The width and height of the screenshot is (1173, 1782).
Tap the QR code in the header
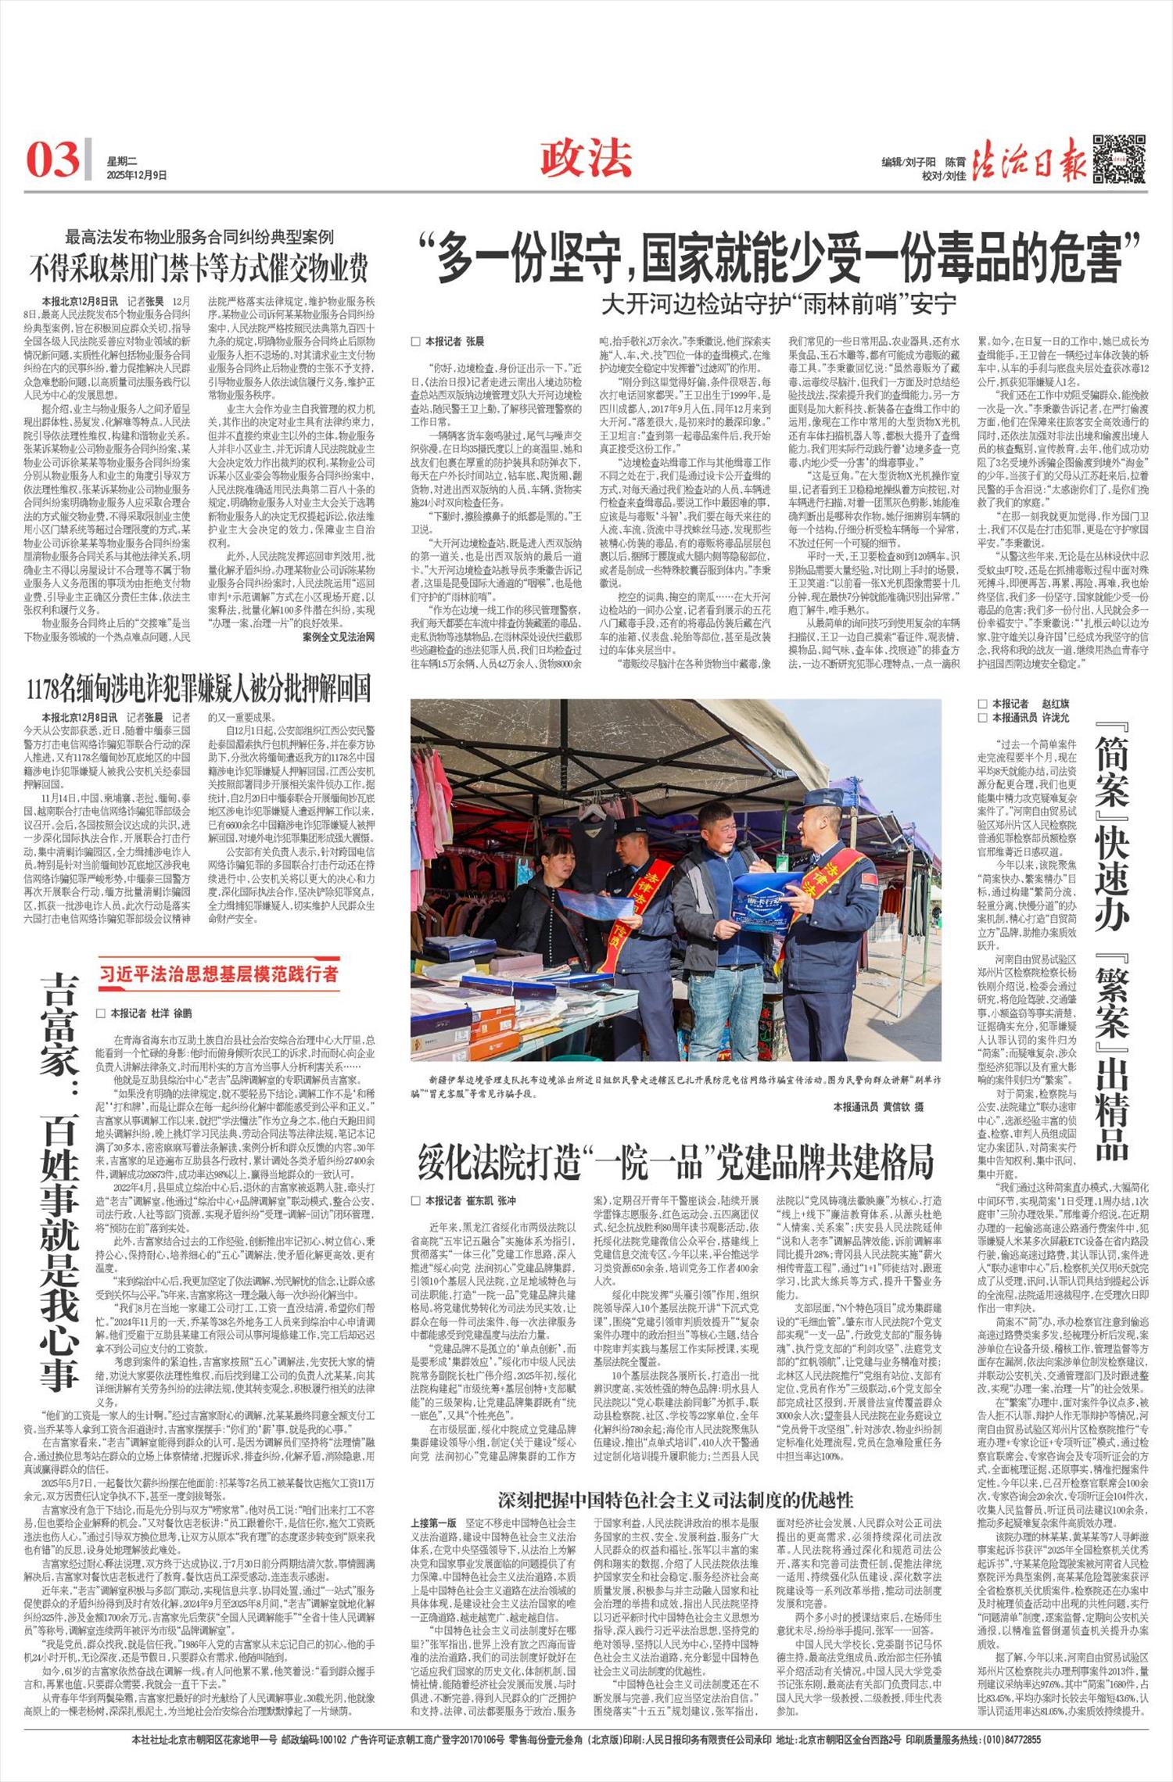pyautogui.click(x=1119, y=159)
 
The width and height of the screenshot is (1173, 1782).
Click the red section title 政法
pyautogui.click(x=586, y=159)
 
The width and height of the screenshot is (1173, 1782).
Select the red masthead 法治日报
pyautogui.click(x=1031, y=160)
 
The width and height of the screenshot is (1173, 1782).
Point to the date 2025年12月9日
pyautogui.click(x=137, y=175)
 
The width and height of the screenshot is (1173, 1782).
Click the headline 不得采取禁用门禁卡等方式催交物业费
pyautogui.click(x=199, y=268)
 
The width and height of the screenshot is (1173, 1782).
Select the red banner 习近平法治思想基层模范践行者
pyautogui.click(x=219, y=973)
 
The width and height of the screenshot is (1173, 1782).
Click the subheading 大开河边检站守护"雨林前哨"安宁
pyautogui.click(x=779, y=303)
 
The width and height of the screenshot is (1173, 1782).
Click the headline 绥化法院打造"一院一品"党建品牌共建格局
pyautogui.click(x=676, y=1162)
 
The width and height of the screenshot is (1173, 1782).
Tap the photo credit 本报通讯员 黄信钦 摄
pyautogui.click(x=878, y=1106)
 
